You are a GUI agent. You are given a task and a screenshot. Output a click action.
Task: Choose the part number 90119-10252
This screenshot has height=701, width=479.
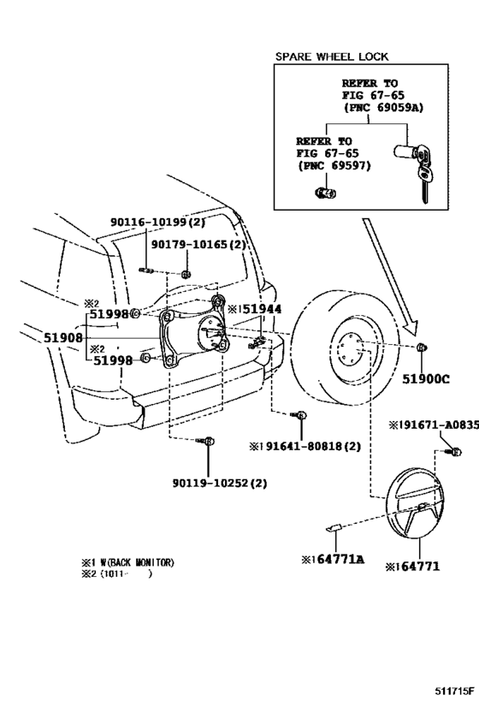coord(211,482)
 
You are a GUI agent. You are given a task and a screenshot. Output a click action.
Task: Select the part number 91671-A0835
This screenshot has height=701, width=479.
coord(432,425)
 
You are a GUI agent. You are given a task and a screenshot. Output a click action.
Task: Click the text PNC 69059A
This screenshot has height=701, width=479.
coord(383,110)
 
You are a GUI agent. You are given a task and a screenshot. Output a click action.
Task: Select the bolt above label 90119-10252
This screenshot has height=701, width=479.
coord(208,441)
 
